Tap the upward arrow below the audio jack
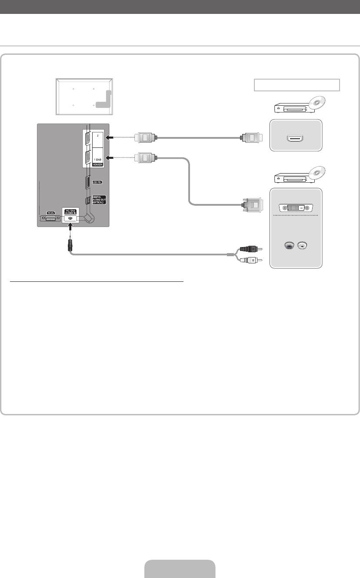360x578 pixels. click(x=70, y=227)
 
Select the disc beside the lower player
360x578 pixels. click(x=317, y=174)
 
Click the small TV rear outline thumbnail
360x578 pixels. click(x=84, y=97)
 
